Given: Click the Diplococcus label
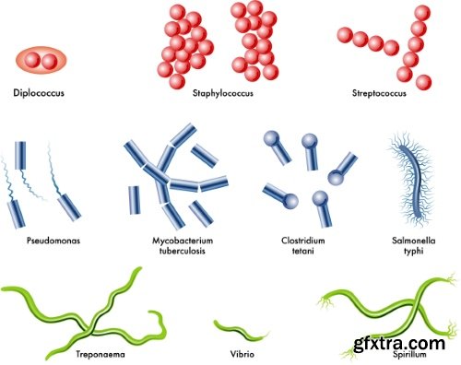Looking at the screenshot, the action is (39, 92).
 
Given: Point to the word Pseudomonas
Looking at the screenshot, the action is (53, 239).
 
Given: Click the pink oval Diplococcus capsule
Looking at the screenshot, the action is (40, 60).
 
